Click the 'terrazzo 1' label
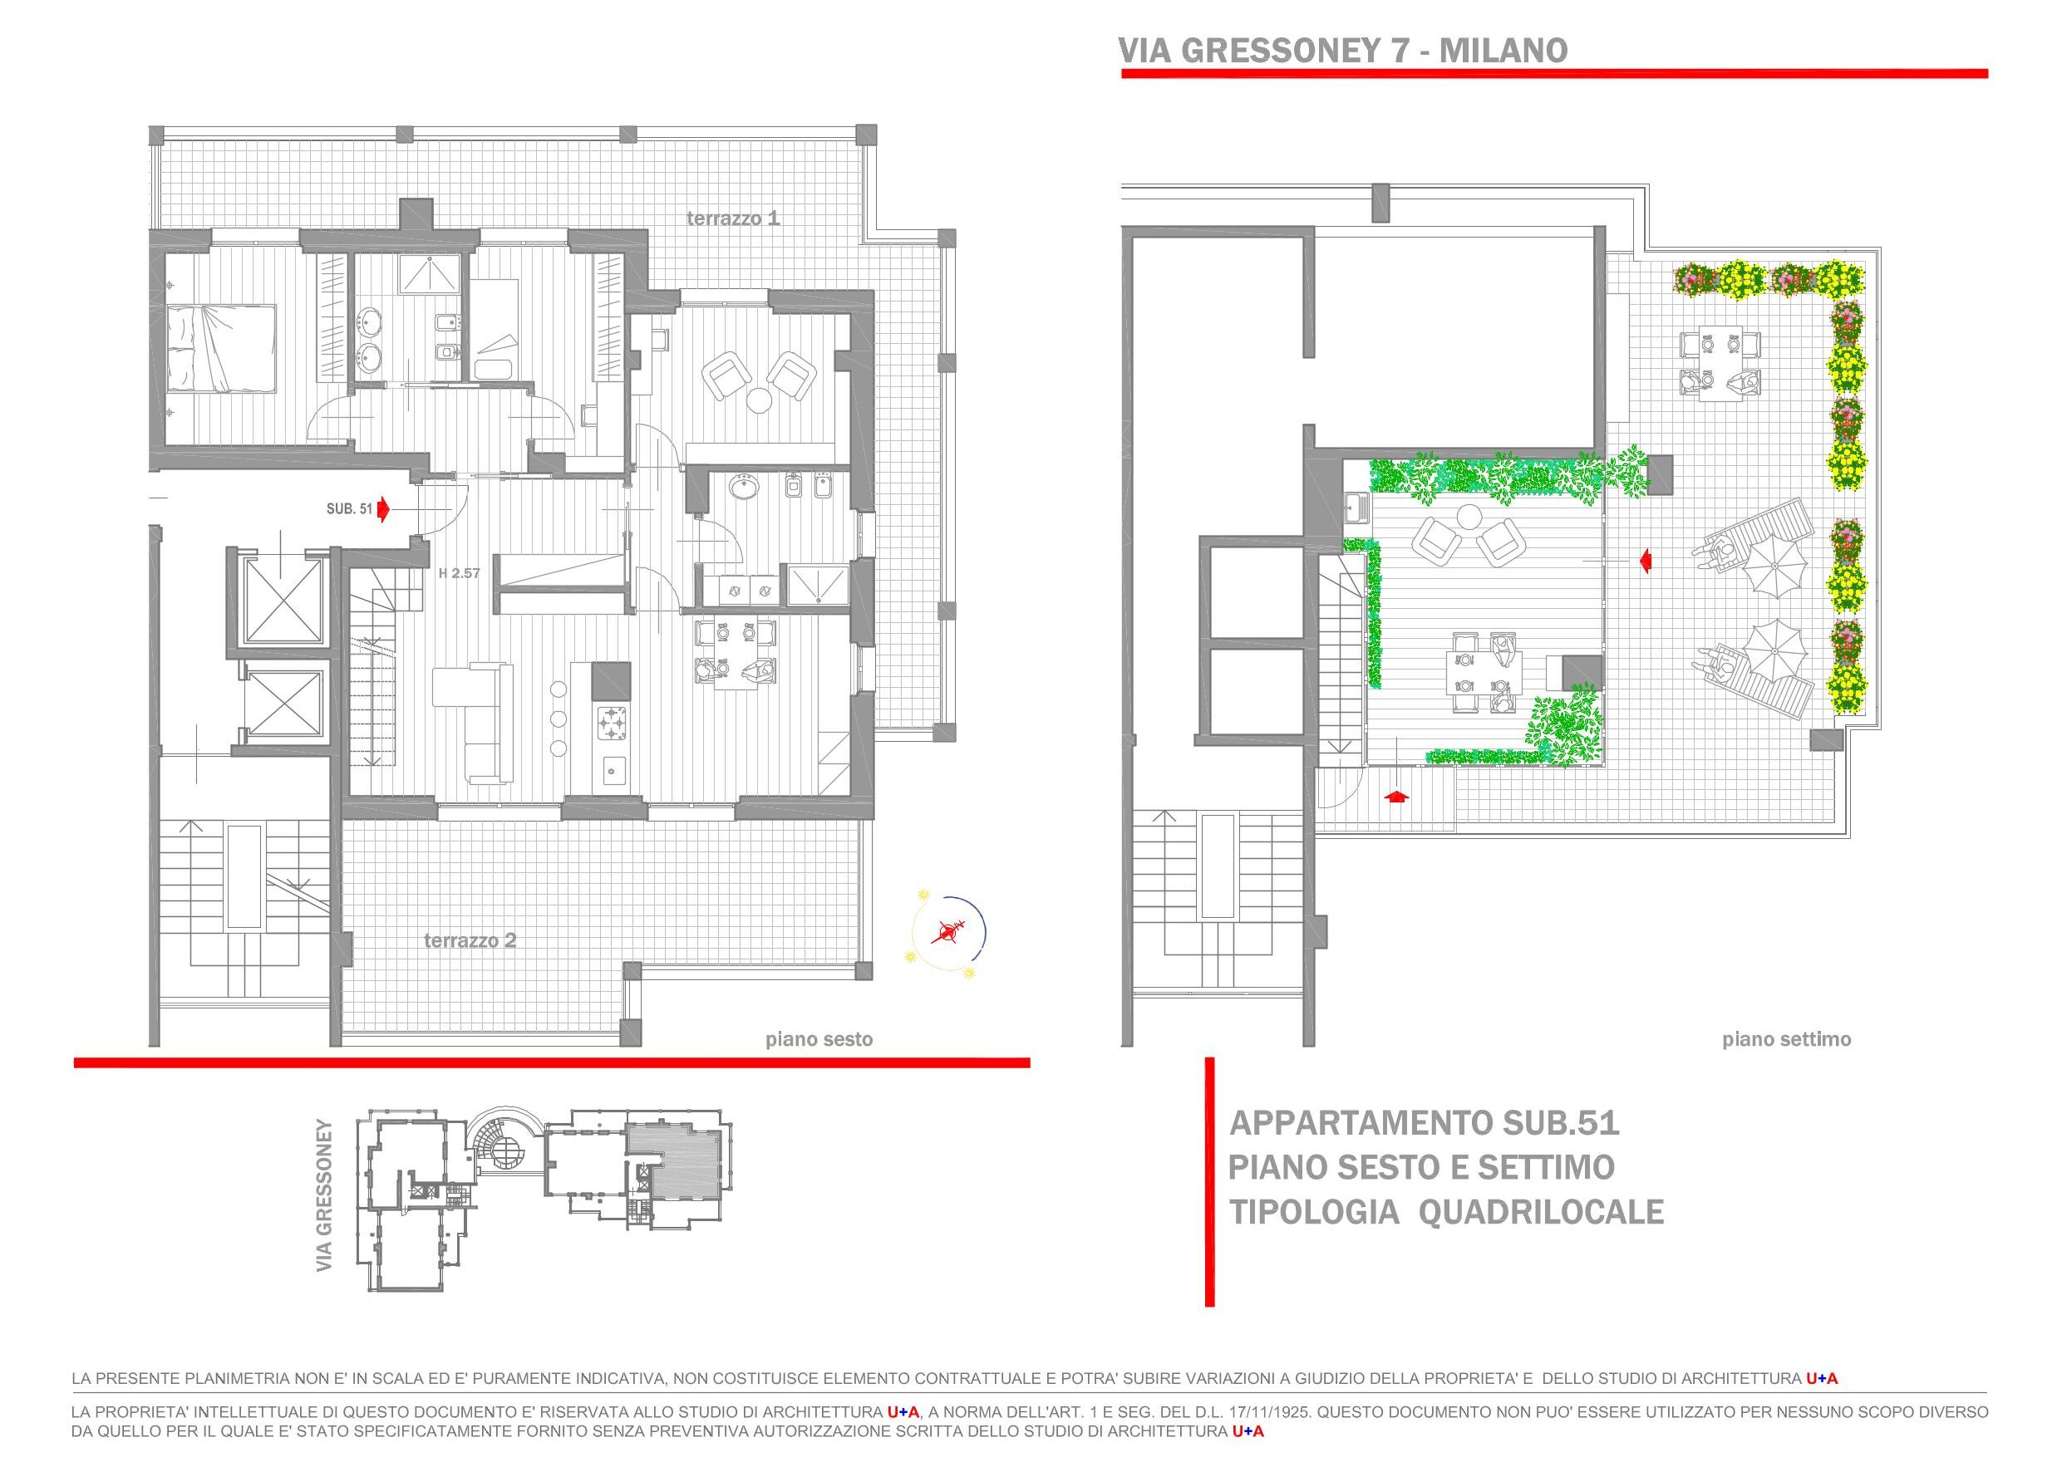tap(733, 218)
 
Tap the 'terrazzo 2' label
tap(470, 941)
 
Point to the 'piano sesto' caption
tap(818, 1039)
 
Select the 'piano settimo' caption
tap(1786, 1039)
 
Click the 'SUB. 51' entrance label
tap(349, 509)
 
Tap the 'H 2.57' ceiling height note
tap(459, 572)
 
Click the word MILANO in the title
tap(1503, 51)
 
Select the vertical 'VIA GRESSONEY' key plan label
tap(324, 1195)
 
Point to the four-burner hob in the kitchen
tap(613, 723)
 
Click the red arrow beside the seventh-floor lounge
tap(1646, 561)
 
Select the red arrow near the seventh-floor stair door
tap(1394, 796)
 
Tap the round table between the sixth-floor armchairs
tap(760, 398)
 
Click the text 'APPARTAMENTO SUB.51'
tap(1425, 1123)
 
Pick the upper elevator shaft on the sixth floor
tap(283, 599)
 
